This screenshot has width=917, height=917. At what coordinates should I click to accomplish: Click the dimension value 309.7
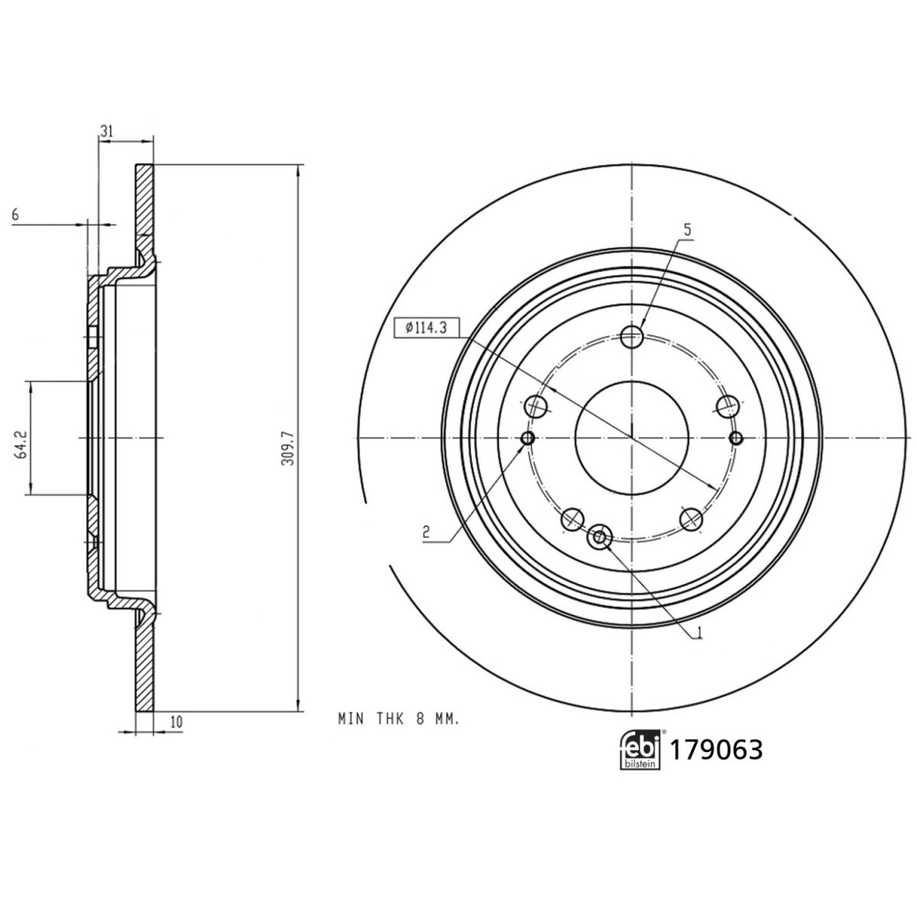tap(288, 449)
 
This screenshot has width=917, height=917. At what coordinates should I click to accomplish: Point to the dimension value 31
tap(106, 131)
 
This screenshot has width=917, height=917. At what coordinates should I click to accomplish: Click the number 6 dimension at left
tap(15, 215)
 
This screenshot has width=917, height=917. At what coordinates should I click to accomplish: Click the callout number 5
tap(687, 230)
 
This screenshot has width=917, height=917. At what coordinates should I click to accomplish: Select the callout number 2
tap(426, 532)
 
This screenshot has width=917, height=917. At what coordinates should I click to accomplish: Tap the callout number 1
tap(699, 632)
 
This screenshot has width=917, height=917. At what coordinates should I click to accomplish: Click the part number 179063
tap(716, 750)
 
